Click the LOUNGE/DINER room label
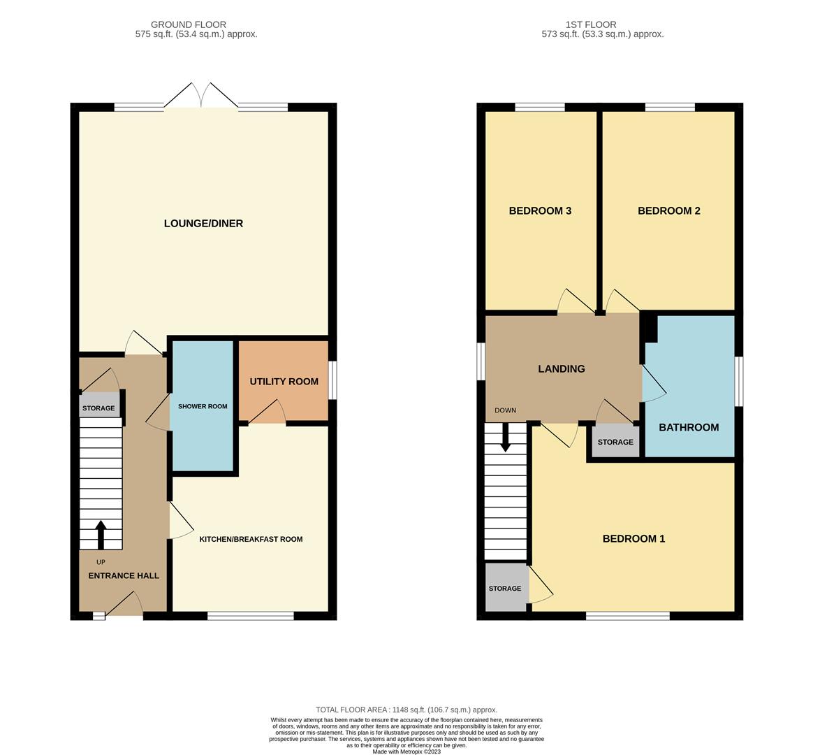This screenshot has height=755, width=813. [x=203, y=224]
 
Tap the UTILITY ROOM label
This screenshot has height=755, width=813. [x=284, y=382]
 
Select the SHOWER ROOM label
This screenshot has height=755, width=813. [x=203, y=406]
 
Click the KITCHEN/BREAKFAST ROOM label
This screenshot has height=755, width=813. [x=251, y=539]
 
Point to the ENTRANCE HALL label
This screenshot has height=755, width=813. [x=124, y=576]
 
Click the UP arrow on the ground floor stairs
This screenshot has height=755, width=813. [x=101, y=534]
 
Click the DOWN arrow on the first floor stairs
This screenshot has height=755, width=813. [x=505, y=438]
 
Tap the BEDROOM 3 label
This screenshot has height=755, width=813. [x=540, y=211]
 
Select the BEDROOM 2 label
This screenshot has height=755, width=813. [x=668, y=211]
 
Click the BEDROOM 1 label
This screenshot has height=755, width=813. [x=633, y=539]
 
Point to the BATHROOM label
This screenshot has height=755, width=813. [x=689, y=428]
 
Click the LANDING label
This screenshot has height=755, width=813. [x=562, y=369]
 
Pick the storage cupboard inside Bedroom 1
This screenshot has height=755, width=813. [x=505, y=589]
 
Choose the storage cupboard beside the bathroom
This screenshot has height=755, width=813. [x=615, y=442]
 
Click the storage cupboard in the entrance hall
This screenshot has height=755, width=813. [x=98, y=408]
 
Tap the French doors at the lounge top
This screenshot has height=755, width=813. [x=202, y=96]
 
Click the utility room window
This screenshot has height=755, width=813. [x=332, y=380]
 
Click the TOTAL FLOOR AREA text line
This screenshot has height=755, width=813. [x=406, y=710]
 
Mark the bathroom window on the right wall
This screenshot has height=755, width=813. [x=739, y=381]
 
